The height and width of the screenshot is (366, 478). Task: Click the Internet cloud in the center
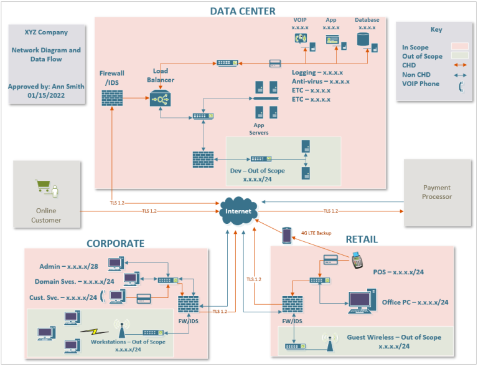[238, 211]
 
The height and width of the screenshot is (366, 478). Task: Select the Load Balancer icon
[161, 99]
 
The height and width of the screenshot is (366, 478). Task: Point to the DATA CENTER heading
[242, 11]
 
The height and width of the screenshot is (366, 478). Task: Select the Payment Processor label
[436, 192]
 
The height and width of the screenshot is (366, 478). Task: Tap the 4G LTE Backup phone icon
[287, 235]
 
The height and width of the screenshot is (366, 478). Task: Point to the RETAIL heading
[362, 239]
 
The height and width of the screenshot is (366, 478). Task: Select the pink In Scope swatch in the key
[459, 47]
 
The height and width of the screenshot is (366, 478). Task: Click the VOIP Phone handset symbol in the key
[461, 85]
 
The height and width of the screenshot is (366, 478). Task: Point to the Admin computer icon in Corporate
[115, 264]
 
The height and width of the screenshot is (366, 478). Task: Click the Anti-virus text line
[321, 81]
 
